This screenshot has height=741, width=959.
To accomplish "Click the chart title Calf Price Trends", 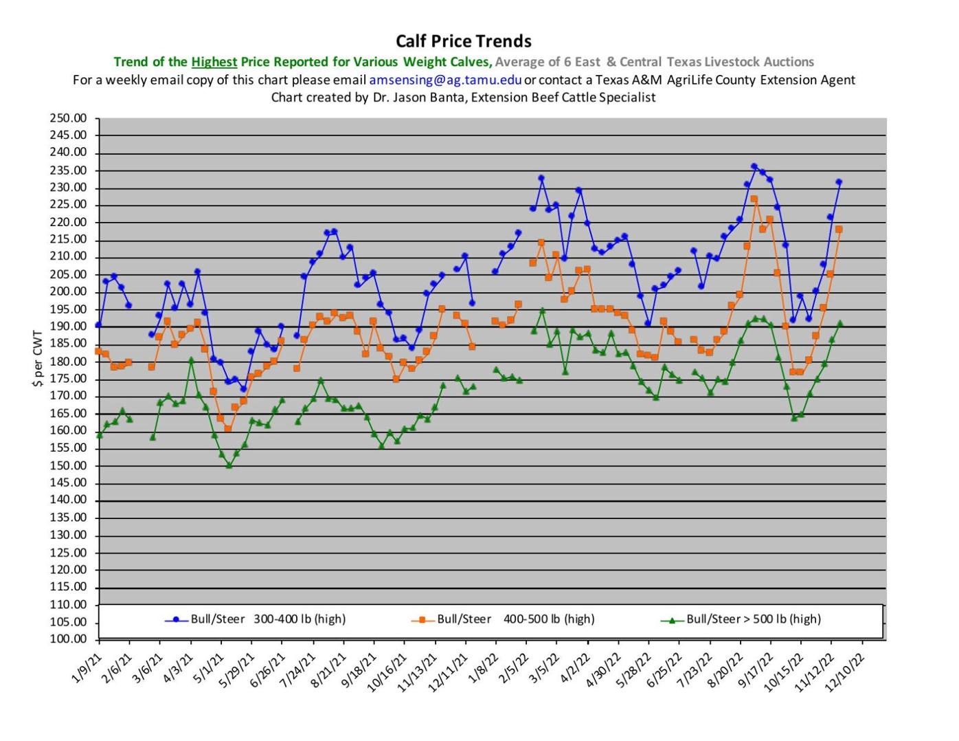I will click(x=464, y=41).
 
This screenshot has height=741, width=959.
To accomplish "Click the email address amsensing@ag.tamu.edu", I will click(x=445, y=80).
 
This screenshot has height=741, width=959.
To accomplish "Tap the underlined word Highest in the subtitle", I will click(x=214, y=62).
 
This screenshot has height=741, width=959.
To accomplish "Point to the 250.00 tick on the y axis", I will click(x=69, y=118).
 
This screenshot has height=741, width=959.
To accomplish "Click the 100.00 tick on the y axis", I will click(x=69, y=639).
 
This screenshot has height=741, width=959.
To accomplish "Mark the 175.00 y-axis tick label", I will click(x=69, y=379).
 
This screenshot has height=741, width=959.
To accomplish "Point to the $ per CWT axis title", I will click(x=38, y=359).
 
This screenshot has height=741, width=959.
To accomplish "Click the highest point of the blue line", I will click(x=754, y=166).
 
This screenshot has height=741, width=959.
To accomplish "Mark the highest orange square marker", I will click(x=754, y=199).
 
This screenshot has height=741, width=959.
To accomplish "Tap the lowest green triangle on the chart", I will click(x=229, y=465).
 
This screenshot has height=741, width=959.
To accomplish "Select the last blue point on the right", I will click(x=839, y=182).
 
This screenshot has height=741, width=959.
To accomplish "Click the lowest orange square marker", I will click(x=228, y=429).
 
